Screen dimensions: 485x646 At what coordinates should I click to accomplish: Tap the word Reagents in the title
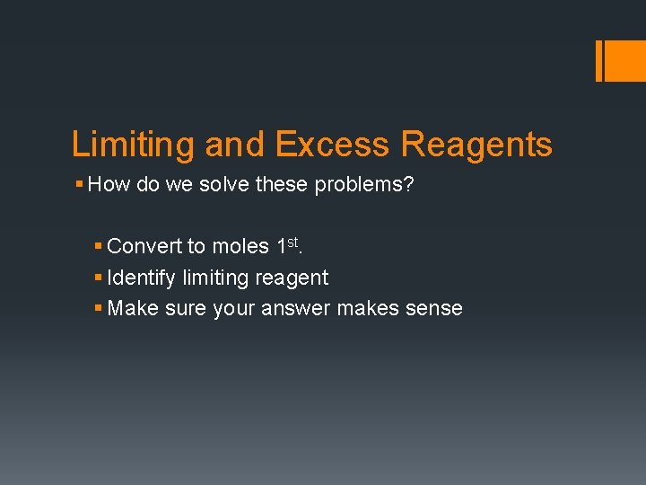tap(477, 145)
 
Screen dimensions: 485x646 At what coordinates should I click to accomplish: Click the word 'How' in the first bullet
tap(109, 185)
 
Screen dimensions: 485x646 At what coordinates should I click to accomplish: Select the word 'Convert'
tap(144, 246)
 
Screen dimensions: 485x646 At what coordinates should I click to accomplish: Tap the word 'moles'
tap(240, 246)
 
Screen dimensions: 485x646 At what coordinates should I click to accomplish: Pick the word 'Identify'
tap(142, 278)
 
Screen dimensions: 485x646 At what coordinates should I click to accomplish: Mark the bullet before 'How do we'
tap(80, 185)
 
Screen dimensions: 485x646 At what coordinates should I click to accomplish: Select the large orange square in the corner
tap(624, 60)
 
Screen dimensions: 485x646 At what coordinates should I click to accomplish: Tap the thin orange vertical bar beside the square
tap(598, 60)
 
